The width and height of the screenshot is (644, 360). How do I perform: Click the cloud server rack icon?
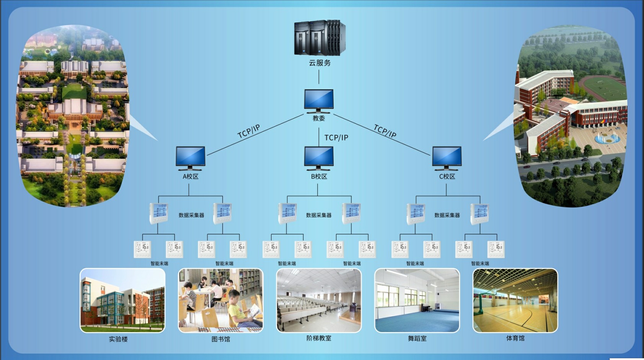pos(320,37)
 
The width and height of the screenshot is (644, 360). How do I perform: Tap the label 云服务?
pos(320,63)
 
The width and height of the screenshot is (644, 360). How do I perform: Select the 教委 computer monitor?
pos(319,101)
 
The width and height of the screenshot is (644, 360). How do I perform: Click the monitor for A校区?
pos(190,158)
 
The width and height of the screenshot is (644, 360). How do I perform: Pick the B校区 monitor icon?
pos(319,158)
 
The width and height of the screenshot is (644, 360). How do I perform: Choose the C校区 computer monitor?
pos(447,158)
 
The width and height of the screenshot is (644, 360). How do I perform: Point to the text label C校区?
pos(447,176)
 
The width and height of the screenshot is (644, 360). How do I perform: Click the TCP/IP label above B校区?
pos(336,138)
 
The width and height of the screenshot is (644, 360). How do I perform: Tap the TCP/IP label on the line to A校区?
pos(249,131)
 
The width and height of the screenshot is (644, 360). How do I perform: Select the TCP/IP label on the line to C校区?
pos(385,131)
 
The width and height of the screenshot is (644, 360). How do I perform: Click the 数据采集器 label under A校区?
pos(191,215)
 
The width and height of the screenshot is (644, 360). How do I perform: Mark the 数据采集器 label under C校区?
pos(447,215)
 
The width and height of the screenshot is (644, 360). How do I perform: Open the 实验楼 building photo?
pos(122,300)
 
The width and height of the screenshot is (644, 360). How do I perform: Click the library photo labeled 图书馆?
pos(220,300)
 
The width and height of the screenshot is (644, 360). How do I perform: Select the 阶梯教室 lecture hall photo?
pos(319,300)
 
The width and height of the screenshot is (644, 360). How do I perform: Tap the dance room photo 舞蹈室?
pos(417,300)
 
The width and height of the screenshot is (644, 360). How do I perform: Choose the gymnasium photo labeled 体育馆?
pos(515,300)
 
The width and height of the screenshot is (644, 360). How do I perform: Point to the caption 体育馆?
pos(515,338)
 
